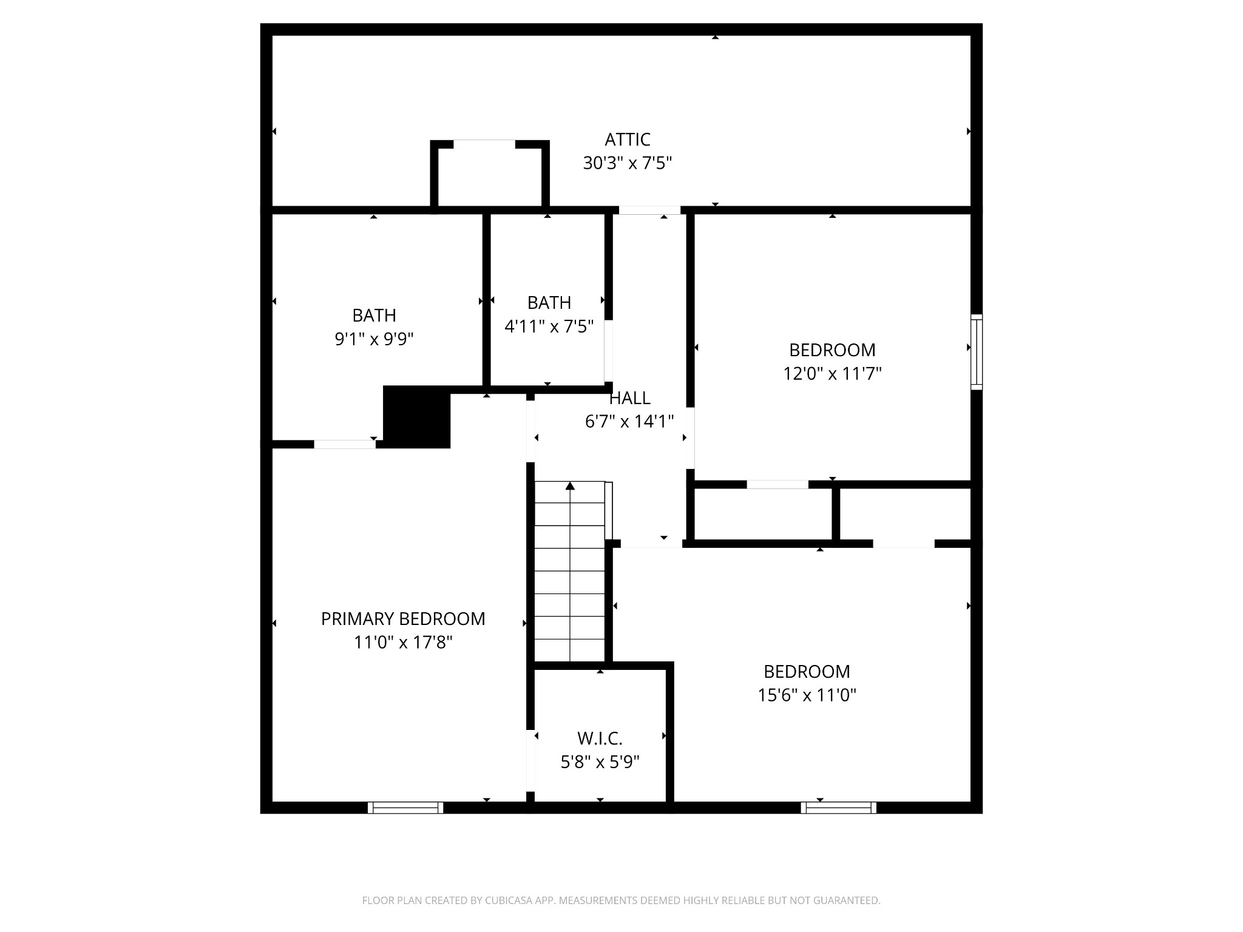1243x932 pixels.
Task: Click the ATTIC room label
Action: (627, 140)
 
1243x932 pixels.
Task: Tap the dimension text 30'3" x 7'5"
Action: (627, 163)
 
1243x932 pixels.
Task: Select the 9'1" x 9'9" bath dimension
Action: (374, 339)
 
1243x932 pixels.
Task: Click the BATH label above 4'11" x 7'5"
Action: (549, 302)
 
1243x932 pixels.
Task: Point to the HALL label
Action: (629, 398)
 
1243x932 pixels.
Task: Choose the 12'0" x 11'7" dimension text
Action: (831, 373)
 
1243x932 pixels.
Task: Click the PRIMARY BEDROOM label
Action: (403, 619)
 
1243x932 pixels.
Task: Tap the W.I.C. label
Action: (600, 738)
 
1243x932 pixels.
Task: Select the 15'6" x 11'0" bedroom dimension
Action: (807, 695)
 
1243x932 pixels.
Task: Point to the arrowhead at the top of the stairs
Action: (570, 485)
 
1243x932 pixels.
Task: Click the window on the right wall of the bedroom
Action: (976, 352)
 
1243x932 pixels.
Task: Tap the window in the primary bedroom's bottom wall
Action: (405, 808)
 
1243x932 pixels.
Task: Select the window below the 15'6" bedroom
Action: (838, 808)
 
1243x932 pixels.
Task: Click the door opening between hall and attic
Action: (649, 210)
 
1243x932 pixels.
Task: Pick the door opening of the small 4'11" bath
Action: (608, 351)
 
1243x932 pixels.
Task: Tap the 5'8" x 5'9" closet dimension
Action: (600, 762)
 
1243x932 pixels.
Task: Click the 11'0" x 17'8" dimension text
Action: (403, 642)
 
